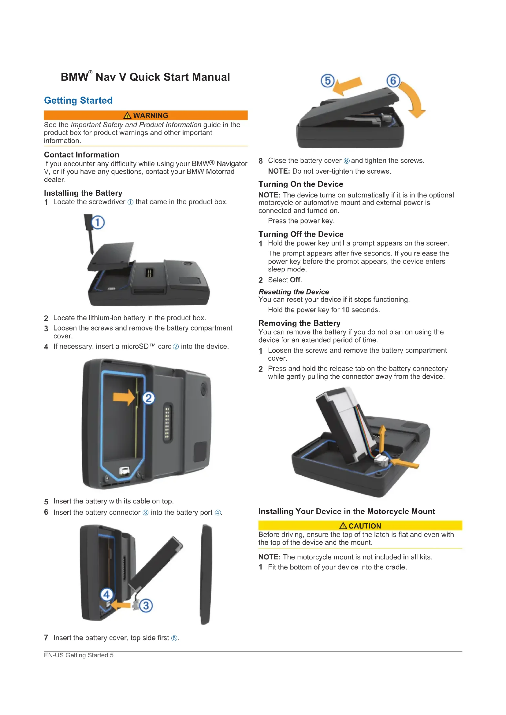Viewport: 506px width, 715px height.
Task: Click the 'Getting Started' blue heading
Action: click(x=78, y=100)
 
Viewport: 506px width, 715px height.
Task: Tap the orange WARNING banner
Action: click(x=146, y=115)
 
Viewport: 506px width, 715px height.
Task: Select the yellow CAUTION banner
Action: click(x=360, y=526)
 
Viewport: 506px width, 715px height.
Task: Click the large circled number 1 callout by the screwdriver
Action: click(x=98, y=223)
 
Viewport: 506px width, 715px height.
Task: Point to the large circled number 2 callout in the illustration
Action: click(x=149, y=398)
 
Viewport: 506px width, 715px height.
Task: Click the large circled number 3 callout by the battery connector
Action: click(x=146, y=606)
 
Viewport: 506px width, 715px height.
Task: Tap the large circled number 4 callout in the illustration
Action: click(x=106, y=595)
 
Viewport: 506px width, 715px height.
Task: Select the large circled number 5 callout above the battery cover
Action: click(x=327, y=81)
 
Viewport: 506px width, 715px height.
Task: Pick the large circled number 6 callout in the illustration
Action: click(x=393, y=81)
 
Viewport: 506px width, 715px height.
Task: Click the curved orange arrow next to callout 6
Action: click(x=416, y=99)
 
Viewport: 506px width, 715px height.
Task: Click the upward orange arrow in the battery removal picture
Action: click(x=382, y=439)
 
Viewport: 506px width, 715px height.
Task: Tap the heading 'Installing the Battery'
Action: click(x=83, y=193)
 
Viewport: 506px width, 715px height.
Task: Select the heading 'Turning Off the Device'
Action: click(x=301, y=234)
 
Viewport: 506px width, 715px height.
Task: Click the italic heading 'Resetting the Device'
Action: click(x=294, y=292)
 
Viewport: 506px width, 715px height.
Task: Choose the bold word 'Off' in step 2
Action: click(x=295, y=280)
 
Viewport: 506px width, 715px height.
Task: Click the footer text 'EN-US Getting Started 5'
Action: click(x=79, y=655)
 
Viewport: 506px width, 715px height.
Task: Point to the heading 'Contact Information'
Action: click(x=82, y=155)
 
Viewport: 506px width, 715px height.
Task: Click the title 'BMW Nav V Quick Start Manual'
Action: click(x=145, y=77)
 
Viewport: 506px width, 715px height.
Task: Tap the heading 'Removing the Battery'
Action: click(x=300, y=323)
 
